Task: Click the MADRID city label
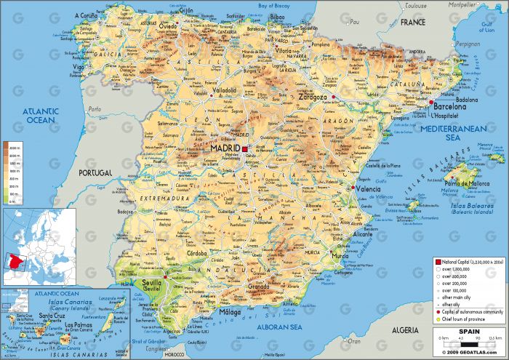click(225, 148)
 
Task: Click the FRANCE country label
click(412, 23)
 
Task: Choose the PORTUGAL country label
click(95, 173)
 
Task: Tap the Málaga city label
click(230, 313)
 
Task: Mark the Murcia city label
click(340, 256)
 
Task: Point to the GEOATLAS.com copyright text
click(465, 352)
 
